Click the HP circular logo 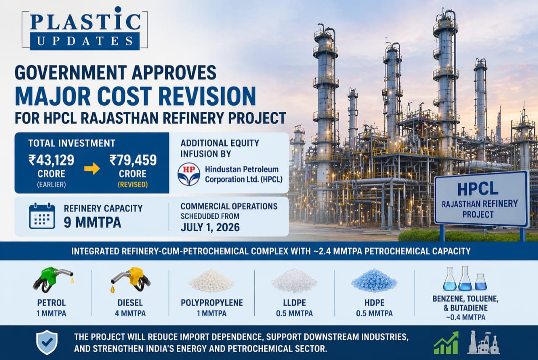tap(189, 174)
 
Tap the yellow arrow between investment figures tap(92, 169)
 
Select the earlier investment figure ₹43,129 tap(51, 160)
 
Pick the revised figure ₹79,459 tap(133, 160)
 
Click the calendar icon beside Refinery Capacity tap(42, 216)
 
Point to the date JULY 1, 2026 tap(210, 227)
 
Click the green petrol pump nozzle tap(53, 280)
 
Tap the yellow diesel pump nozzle tap(131, 280)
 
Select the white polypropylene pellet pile tap(211, 280)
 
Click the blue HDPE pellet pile tap(374, 280)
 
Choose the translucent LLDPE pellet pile tap(294, 280)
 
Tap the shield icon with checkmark tap(47, 342)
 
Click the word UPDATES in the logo tap(85, 41)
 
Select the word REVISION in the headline tap(207, 96)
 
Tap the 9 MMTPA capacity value tap(92, 223)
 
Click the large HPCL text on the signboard tap(478, 189)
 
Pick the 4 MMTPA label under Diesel tap(130, 314)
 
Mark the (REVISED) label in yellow tap(133, 185)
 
